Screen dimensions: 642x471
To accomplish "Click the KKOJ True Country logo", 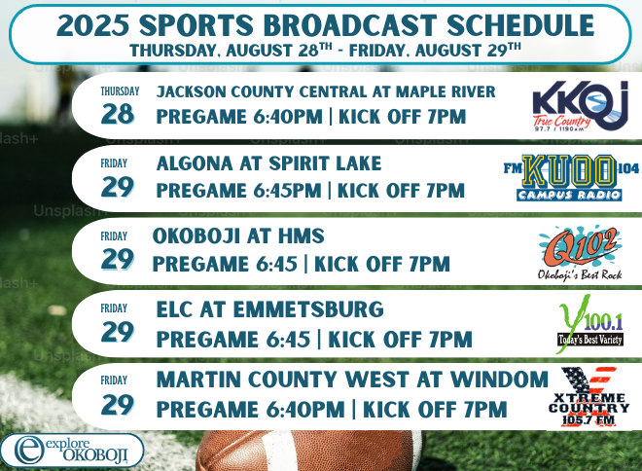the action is tap(580, 106).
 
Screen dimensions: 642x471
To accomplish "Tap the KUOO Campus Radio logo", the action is tap(571, 177).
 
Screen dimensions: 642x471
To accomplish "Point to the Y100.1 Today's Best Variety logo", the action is tap(590, 324).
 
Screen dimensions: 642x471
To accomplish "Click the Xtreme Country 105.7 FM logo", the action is tap(588, 397).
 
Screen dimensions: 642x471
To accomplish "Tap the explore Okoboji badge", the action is tap(72, 451).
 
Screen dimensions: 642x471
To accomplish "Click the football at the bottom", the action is tap(309, 451).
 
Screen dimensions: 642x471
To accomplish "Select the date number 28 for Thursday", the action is tap(117, 114).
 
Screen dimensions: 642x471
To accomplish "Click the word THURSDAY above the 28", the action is tap(120, 91).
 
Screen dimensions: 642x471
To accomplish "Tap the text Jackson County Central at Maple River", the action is tap(326, 91).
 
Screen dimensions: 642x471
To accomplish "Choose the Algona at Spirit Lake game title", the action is tap(268, 163).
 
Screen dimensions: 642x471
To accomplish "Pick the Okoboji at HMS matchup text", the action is tap(238, 235).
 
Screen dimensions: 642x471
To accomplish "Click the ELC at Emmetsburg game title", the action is tap(269, 309).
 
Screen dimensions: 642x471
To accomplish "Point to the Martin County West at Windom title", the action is tap(352, 380).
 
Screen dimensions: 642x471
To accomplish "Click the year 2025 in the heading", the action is tap(92, 25).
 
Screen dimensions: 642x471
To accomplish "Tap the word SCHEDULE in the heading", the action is tap(520, 25).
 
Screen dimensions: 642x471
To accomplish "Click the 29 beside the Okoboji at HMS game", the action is tap(117, 259).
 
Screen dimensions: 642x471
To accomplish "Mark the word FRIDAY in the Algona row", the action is tap(114, 163).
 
